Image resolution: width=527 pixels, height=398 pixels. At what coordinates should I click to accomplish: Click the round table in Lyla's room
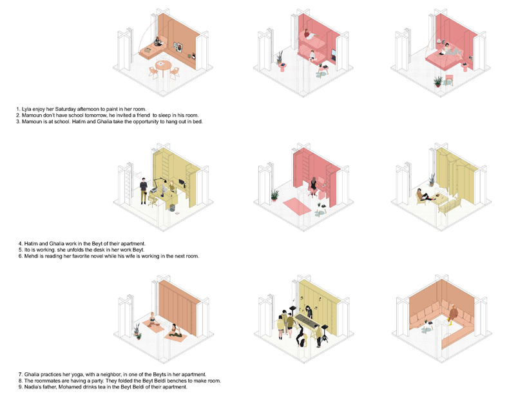[x=163, y=67]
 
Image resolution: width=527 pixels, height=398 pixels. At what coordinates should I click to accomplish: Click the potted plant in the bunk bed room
[x=280, y=59]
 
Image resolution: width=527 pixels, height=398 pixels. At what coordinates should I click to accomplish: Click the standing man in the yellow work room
[x=144, y=188]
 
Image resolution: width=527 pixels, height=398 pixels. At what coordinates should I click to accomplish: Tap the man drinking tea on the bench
[x=453, y=313]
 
